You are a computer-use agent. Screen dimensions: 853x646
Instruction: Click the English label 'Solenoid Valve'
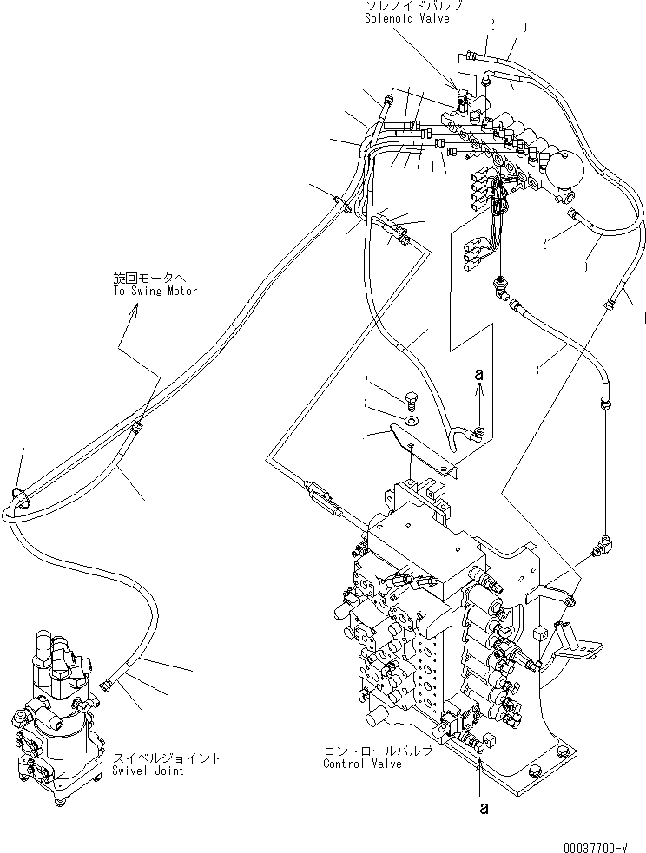pyautogui.click(x=406, y=19)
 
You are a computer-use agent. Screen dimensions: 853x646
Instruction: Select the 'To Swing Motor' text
pyautogui.click(x=155, y=291)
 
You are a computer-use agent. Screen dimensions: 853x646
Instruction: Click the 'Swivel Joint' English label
pyautogui.click(x=148, y=771)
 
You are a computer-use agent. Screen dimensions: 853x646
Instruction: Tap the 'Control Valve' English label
pyautogui.click(x=362, y=764)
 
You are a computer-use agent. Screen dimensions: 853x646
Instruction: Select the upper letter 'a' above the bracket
pyautogui.click(x=478, y=374)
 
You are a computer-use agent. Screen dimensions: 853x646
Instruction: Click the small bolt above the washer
pyautogui.click(x=412, y=401)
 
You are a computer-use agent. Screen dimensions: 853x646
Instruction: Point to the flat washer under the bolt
pyautogui.click(x=411, y=421)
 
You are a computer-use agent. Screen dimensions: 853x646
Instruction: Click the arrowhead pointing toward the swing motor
pyautogui.click(x=133, y=312)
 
